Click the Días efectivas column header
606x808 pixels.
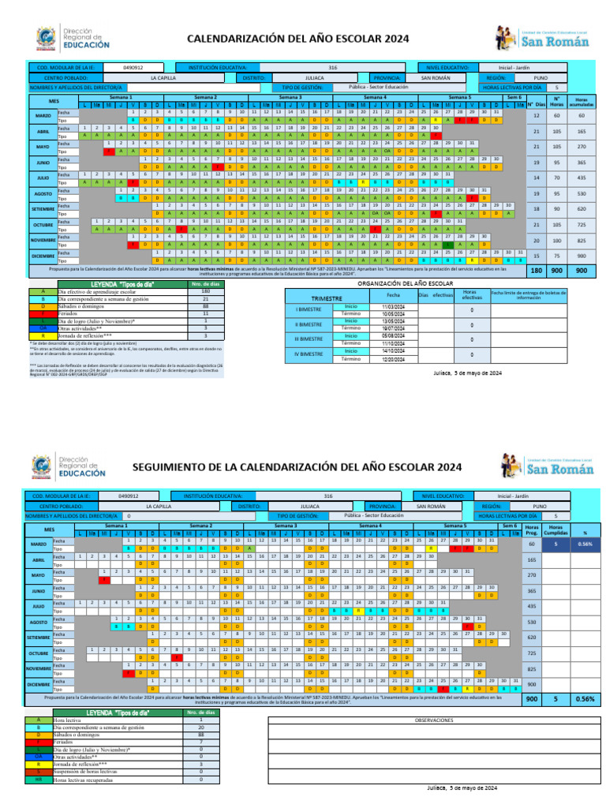(435, 294)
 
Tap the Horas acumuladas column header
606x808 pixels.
(582, 103)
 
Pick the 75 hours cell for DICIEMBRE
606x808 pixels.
(557, 256)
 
